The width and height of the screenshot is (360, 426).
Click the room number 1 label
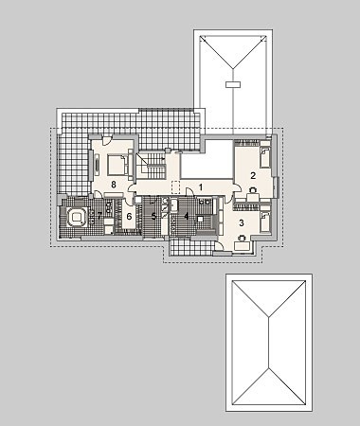click(201, 187)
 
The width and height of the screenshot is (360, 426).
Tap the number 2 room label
click(253, 175)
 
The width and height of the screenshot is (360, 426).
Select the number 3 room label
click(242, 223)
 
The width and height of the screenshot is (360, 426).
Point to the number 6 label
click(129, 217)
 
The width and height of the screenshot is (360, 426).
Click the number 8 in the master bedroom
click(114, 185)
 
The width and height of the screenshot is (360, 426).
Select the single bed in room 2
click(265, 157)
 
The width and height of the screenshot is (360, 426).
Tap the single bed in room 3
click(265, 222)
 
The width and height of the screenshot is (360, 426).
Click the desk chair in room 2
click(253, 189)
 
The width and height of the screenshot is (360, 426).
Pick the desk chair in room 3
click(243, 238)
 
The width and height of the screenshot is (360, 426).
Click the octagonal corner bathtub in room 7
click(76, 217)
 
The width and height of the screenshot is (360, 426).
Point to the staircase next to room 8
click(151, 166)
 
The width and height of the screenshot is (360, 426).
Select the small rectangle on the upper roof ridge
click(233, 84)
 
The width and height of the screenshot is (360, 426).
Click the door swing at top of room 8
click(106, 141)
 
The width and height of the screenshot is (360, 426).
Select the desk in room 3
click(243, 245)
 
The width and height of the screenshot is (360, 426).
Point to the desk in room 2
click(254, 197)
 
